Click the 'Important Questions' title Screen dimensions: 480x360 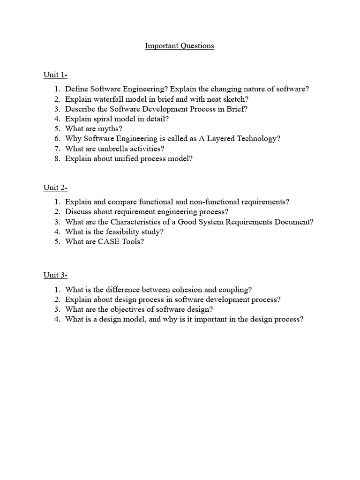click(x=180, y=46)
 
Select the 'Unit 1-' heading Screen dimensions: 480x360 click(x=55, y=75)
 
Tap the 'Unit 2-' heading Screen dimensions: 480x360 click(x=55, y=188)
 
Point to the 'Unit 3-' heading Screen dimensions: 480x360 click(x=55, y=276)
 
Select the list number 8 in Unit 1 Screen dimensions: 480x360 click(x=57, y=158)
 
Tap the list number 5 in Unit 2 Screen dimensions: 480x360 click(x=57, y=241)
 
